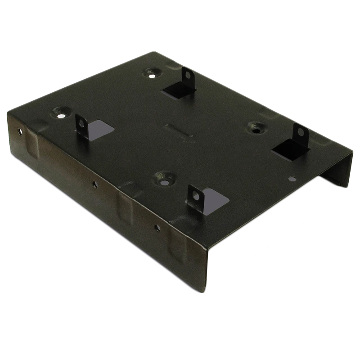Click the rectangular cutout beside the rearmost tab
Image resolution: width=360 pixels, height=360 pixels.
point(177,90)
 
